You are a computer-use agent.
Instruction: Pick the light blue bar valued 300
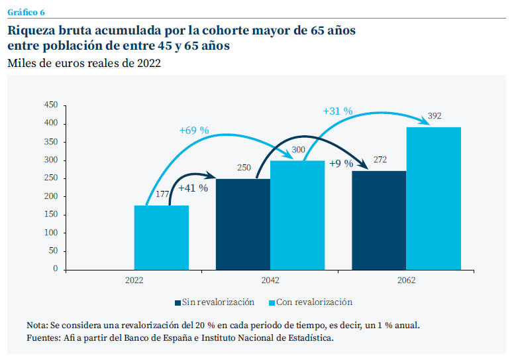pyautogui.click(x=297, y=215)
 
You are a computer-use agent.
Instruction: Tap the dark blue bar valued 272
pyautogui.click(x=379, y=220)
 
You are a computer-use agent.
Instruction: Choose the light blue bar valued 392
pyautogui.click(x=433, y=198)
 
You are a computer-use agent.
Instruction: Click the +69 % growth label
pyautogui.click(x=194, y=131)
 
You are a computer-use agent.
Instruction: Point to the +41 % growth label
pyautogui.click(x=193, y=188)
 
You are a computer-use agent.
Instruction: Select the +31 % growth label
pyautogui.click(x=338, y=111)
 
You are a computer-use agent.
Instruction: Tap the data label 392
pyautogui.click(x=435, y=116)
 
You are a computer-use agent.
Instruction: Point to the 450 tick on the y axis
pyautogui.click(x=50, y=105)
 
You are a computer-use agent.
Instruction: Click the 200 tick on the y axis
pyautogui.click(x=50, y=197)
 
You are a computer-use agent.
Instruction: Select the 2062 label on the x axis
pyautogui.click(x=406, y=280)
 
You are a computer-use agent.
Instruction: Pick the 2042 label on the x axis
pyautogui.click(x=270, y=280)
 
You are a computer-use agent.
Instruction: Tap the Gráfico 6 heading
pyautogui.click(x=26, y=12)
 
